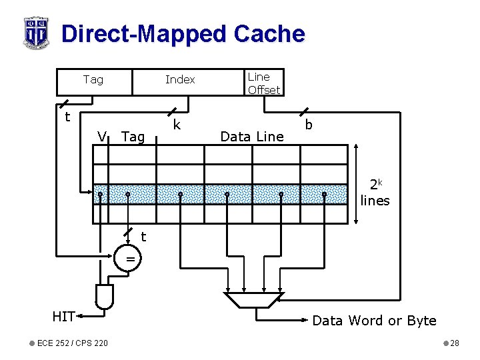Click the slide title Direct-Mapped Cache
(183, 33)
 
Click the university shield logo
(35, 32)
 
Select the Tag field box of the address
(93, 80)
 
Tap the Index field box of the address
(180, 80)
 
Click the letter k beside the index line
(177, 125)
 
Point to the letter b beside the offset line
(309, 125)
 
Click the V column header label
(102, 137)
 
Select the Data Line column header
(251, 137)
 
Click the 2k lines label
(375, 193)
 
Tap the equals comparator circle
(131, 259)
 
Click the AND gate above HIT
(105, 296)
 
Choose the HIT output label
(63, 317)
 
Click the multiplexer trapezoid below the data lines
(253, 300)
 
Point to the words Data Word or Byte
(374, 321)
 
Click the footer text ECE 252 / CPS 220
(73, 343)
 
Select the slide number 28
(455, 343)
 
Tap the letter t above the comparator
(143, 236)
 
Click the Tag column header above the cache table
(133, 137)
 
